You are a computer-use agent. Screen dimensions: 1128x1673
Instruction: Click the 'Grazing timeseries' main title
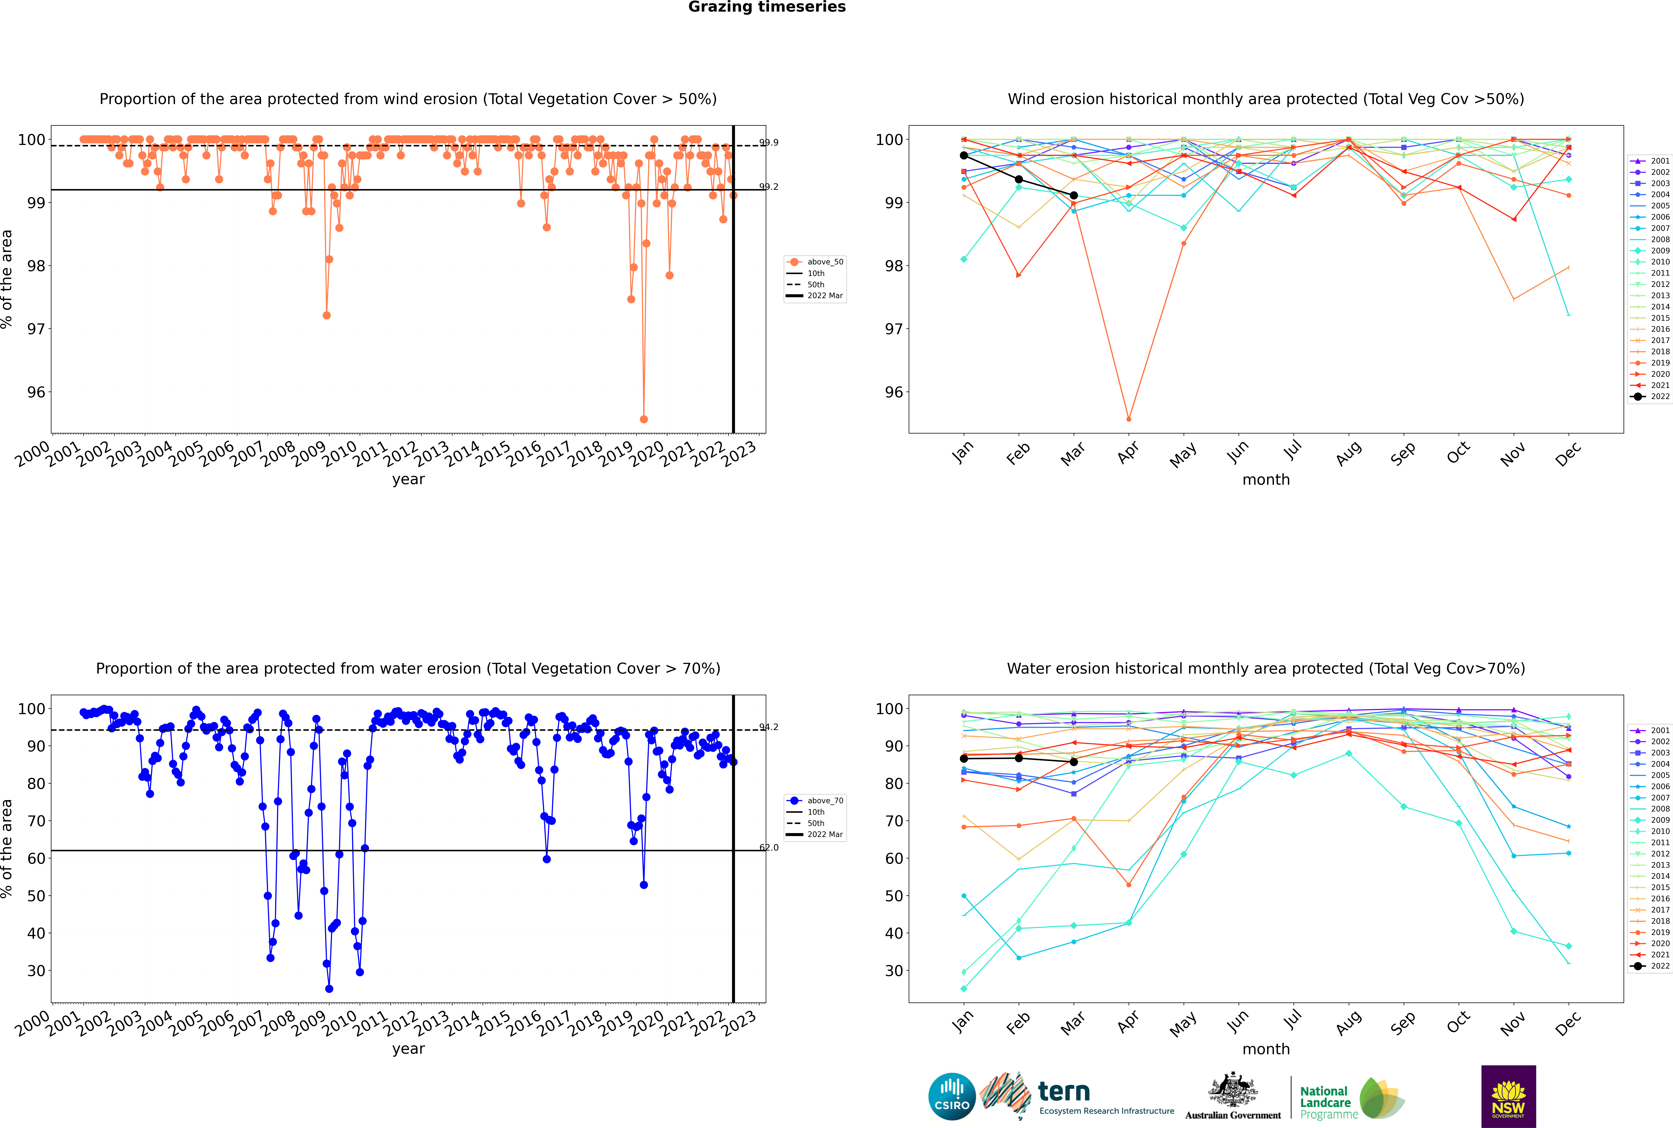tap(767, 7)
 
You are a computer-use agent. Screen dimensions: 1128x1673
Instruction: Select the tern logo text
tap(1064, 1092)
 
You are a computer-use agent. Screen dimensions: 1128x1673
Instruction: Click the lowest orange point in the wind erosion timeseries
tap(644, 419)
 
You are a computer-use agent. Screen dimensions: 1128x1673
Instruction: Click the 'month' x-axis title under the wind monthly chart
tap(1266, 480)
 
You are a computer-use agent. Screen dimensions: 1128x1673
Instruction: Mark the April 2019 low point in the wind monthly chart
tap(1129, 419)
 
